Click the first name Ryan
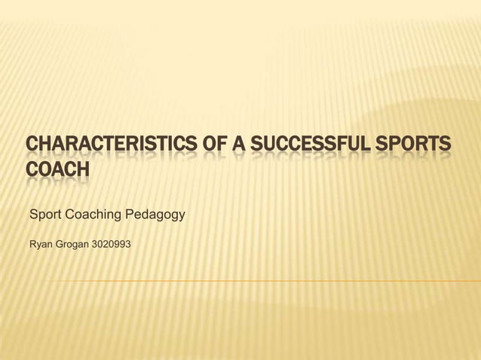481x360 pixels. point(38,245)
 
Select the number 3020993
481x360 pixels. point(111,245)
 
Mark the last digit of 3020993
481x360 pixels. point(128,245)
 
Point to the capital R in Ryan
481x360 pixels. point(32,245)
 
